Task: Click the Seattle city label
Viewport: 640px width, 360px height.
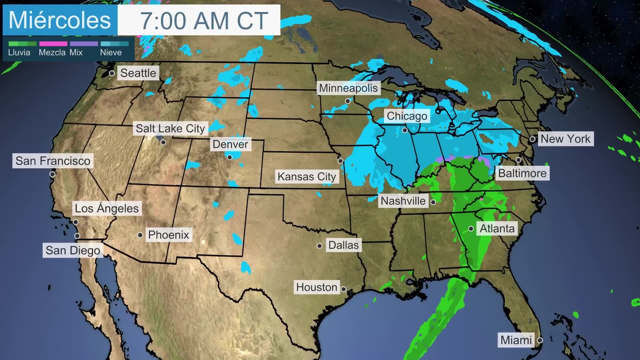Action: [138, 73]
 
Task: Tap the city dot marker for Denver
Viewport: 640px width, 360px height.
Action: [230, 157]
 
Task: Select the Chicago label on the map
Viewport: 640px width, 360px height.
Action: [407, 116]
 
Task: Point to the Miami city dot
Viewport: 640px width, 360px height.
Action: [540, 340]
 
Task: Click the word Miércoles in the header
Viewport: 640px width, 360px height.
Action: [60, 20]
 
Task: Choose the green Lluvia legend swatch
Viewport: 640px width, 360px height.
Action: [22, 44]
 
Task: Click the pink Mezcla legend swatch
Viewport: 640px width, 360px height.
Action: [53, 44]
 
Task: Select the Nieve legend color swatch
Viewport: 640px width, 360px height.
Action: [114, 44]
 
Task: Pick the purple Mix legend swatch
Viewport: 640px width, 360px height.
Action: [84, 44]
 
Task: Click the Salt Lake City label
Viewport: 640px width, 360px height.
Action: [170, 128]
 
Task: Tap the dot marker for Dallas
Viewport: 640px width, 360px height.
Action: [319, 246]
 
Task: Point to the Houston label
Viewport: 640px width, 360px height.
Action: [316, 287]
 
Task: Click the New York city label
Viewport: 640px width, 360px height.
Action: [565, 139]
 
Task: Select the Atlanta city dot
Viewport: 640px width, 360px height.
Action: [471, 229]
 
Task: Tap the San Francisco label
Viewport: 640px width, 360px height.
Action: [53, 161]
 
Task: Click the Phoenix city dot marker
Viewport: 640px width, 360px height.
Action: [140, 235]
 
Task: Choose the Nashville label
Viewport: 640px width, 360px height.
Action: [403, 201]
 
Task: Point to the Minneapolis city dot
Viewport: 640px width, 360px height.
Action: [348, 101]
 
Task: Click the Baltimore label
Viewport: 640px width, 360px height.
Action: [522, 173]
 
